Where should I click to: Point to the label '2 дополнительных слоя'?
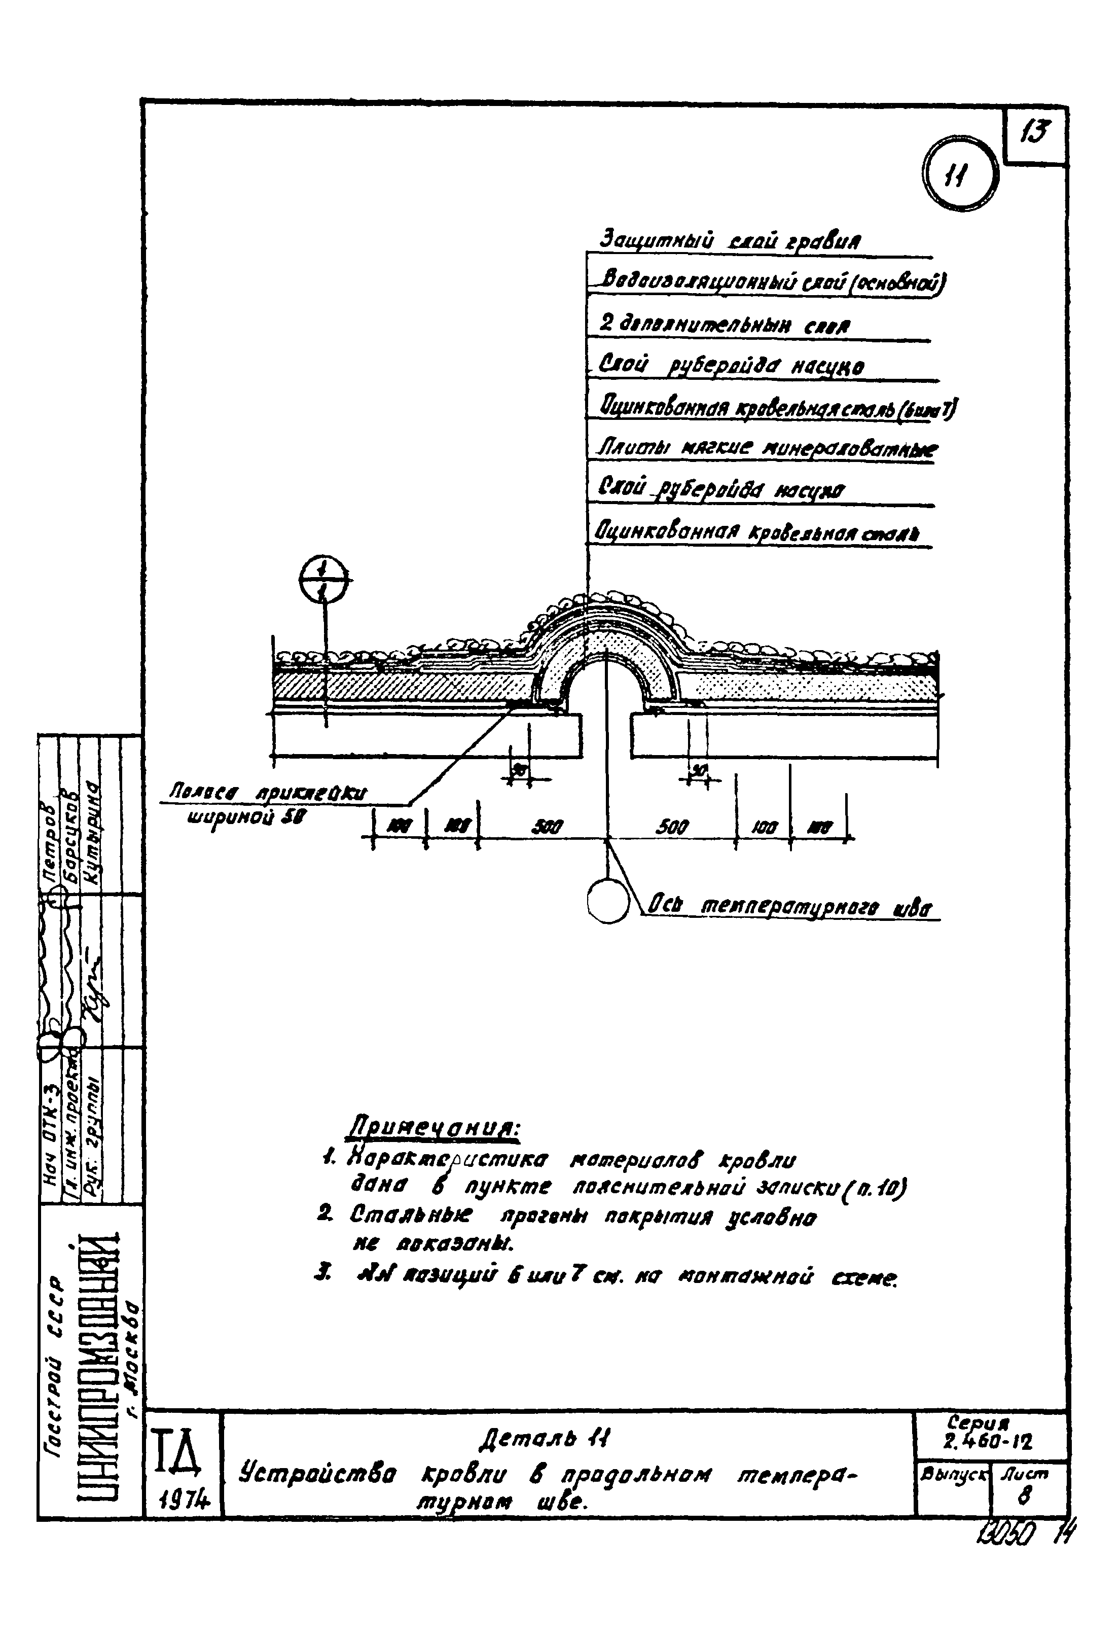click(x=724, y=326)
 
